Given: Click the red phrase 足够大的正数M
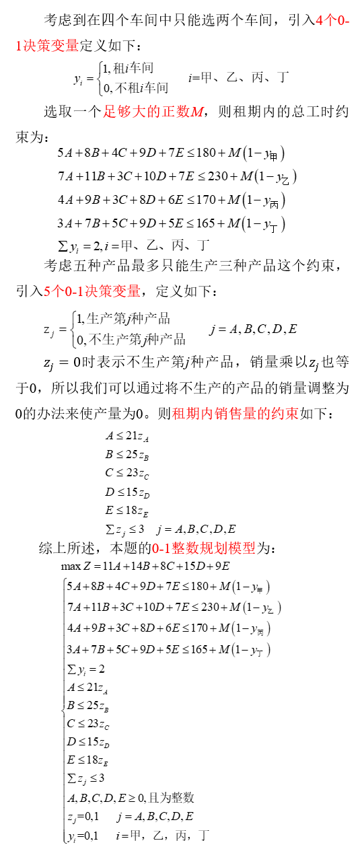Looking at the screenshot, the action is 154,112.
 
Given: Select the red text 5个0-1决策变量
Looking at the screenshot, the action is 92,291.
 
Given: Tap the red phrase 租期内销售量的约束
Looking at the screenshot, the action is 235,413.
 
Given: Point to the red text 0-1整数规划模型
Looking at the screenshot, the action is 203,548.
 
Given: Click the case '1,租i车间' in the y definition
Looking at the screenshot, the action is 129,68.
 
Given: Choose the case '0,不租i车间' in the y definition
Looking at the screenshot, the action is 136,88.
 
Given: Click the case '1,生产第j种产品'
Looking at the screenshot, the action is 123,318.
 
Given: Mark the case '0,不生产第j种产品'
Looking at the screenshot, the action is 131,339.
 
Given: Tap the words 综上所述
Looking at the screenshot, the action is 67,548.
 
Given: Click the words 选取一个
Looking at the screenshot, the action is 72,112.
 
